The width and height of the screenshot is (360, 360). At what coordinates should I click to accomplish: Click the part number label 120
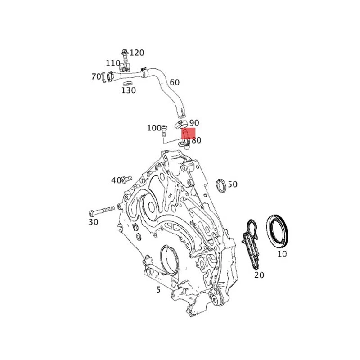point(137,53)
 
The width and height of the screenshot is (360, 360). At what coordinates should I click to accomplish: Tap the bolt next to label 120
point(125,54)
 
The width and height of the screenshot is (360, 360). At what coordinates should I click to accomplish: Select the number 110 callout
point(113,63)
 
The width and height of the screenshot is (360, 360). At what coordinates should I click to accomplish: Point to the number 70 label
point(96,77)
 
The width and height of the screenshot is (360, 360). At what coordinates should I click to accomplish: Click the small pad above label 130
point(128,83)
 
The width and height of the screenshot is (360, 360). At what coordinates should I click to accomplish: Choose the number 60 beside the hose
point(175,82)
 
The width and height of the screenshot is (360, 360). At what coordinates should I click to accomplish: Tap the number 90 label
point(194,123)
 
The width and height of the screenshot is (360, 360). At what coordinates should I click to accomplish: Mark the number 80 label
point(196,140)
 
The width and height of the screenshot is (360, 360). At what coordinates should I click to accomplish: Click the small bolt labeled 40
point(126,180)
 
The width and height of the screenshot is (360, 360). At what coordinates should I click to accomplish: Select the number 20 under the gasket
point(259,274)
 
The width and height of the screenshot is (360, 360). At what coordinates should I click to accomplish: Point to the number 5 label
point(158,290)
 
